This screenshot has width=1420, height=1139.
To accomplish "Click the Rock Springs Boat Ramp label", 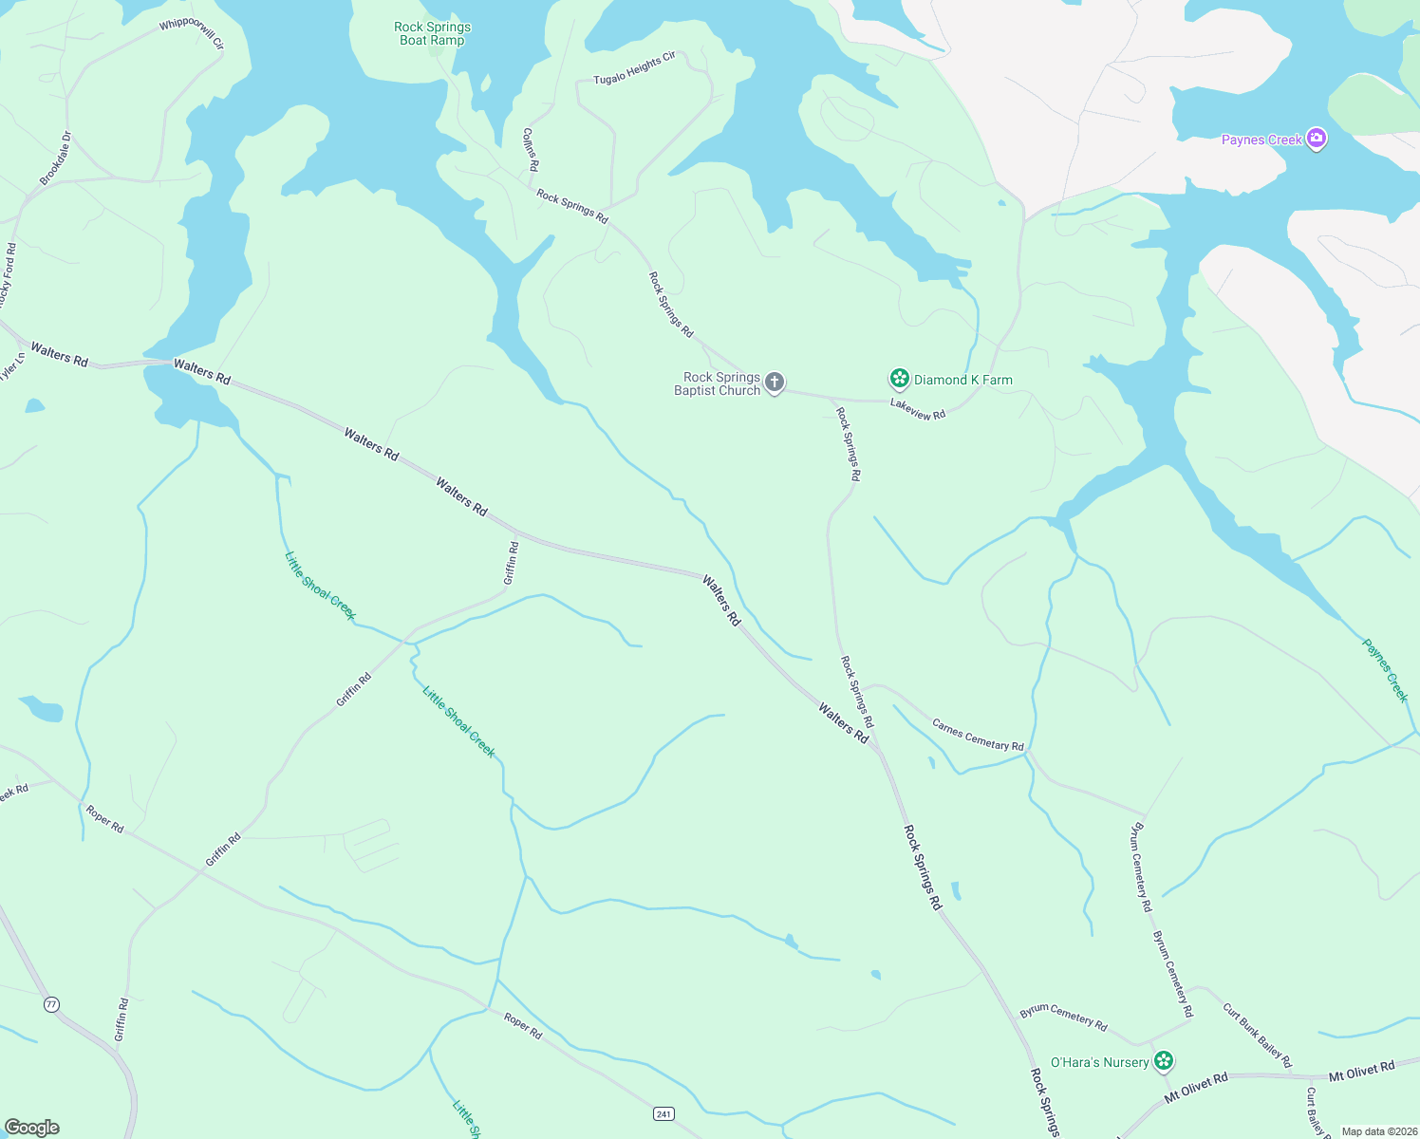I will (432, 33).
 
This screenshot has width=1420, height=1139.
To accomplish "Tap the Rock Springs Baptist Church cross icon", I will (775, 383).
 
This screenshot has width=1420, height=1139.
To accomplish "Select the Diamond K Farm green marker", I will (899, 380).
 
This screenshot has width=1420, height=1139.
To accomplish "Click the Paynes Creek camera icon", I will (1316, 139).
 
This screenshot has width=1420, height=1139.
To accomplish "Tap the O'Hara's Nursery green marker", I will (1164, 1061).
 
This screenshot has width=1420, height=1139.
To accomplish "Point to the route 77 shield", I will (51, 1003).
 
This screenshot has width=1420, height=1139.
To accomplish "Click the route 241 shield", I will (663, 1113).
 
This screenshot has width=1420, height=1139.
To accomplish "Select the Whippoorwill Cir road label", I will (192, 32).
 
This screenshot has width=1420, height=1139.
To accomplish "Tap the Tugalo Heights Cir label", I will (635, 68).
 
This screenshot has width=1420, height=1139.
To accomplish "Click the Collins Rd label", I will (531, 149).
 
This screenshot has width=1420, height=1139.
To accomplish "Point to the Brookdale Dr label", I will (56, 159).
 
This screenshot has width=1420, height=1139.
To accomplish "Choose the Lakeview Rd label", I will (918, 409).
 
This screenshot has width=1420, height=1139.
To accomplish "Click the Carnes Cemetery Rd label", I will (978, 735).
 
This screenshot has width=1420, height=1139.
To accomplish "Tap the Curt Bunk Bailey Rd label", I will (1257, 1036).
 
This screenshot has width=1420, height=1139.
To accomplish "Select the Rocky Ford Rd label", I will (8, 275).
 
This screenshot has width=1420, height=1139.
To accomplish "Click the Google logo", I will (31, 1128).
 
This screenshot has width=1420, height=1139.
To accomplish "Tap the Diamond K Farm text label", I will (962, 380).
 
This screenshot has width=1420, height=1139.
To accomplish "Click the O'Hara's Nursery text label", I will (1099, 1062).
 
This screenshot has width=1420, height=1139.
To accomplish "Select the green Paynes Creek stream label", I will (1385, 670).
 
